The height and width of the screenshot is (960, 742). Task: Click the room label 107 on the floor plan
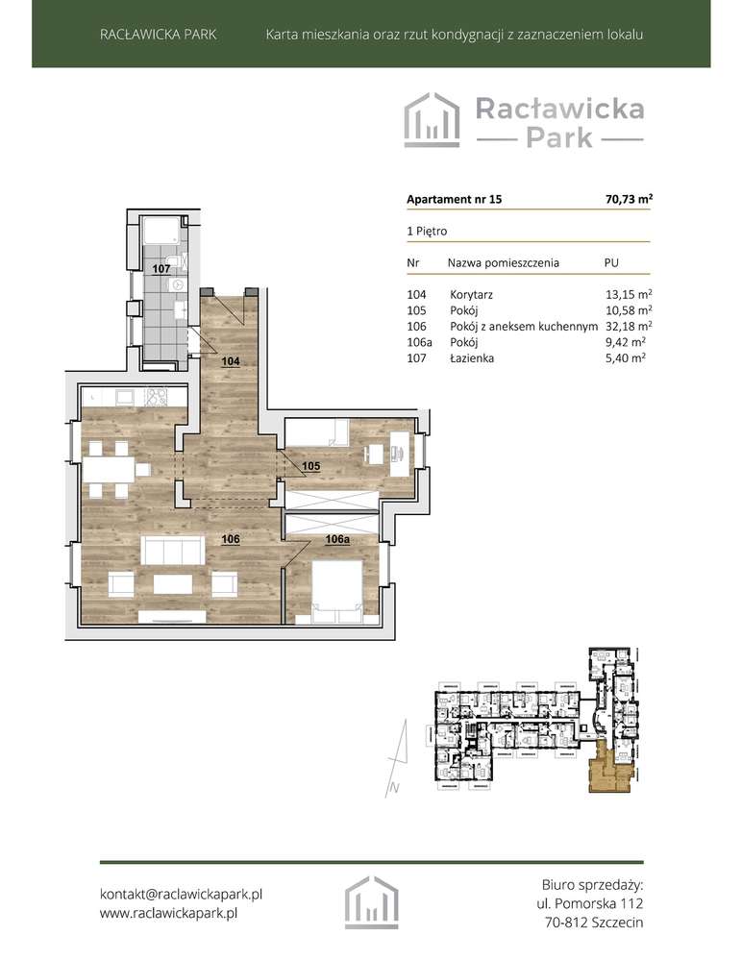point(161,270)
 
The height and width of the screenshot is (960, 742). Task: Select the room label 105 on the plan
point(310,467)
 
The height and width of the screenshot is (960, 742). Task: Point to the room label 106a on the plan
point(336,540)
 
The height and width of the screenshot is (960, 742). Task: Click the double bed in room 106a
point(335,584)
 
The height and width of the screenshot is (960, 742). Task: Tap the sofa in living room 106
point(173,551)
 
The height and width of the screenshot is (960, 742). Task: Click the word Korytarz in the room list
point(472,294)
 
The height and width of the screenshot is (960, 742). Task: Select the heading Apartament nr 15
point(454,201)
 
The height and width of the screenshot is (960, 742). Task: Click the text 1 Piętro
point(428,232)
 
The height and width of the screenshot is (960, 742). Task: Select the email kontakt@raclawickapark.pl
point(182,894)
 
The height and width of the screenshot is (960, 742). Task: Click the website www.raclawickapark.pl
point(168,914)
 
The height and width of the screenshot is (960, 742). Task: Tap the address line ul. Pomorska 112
point(589,903)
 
